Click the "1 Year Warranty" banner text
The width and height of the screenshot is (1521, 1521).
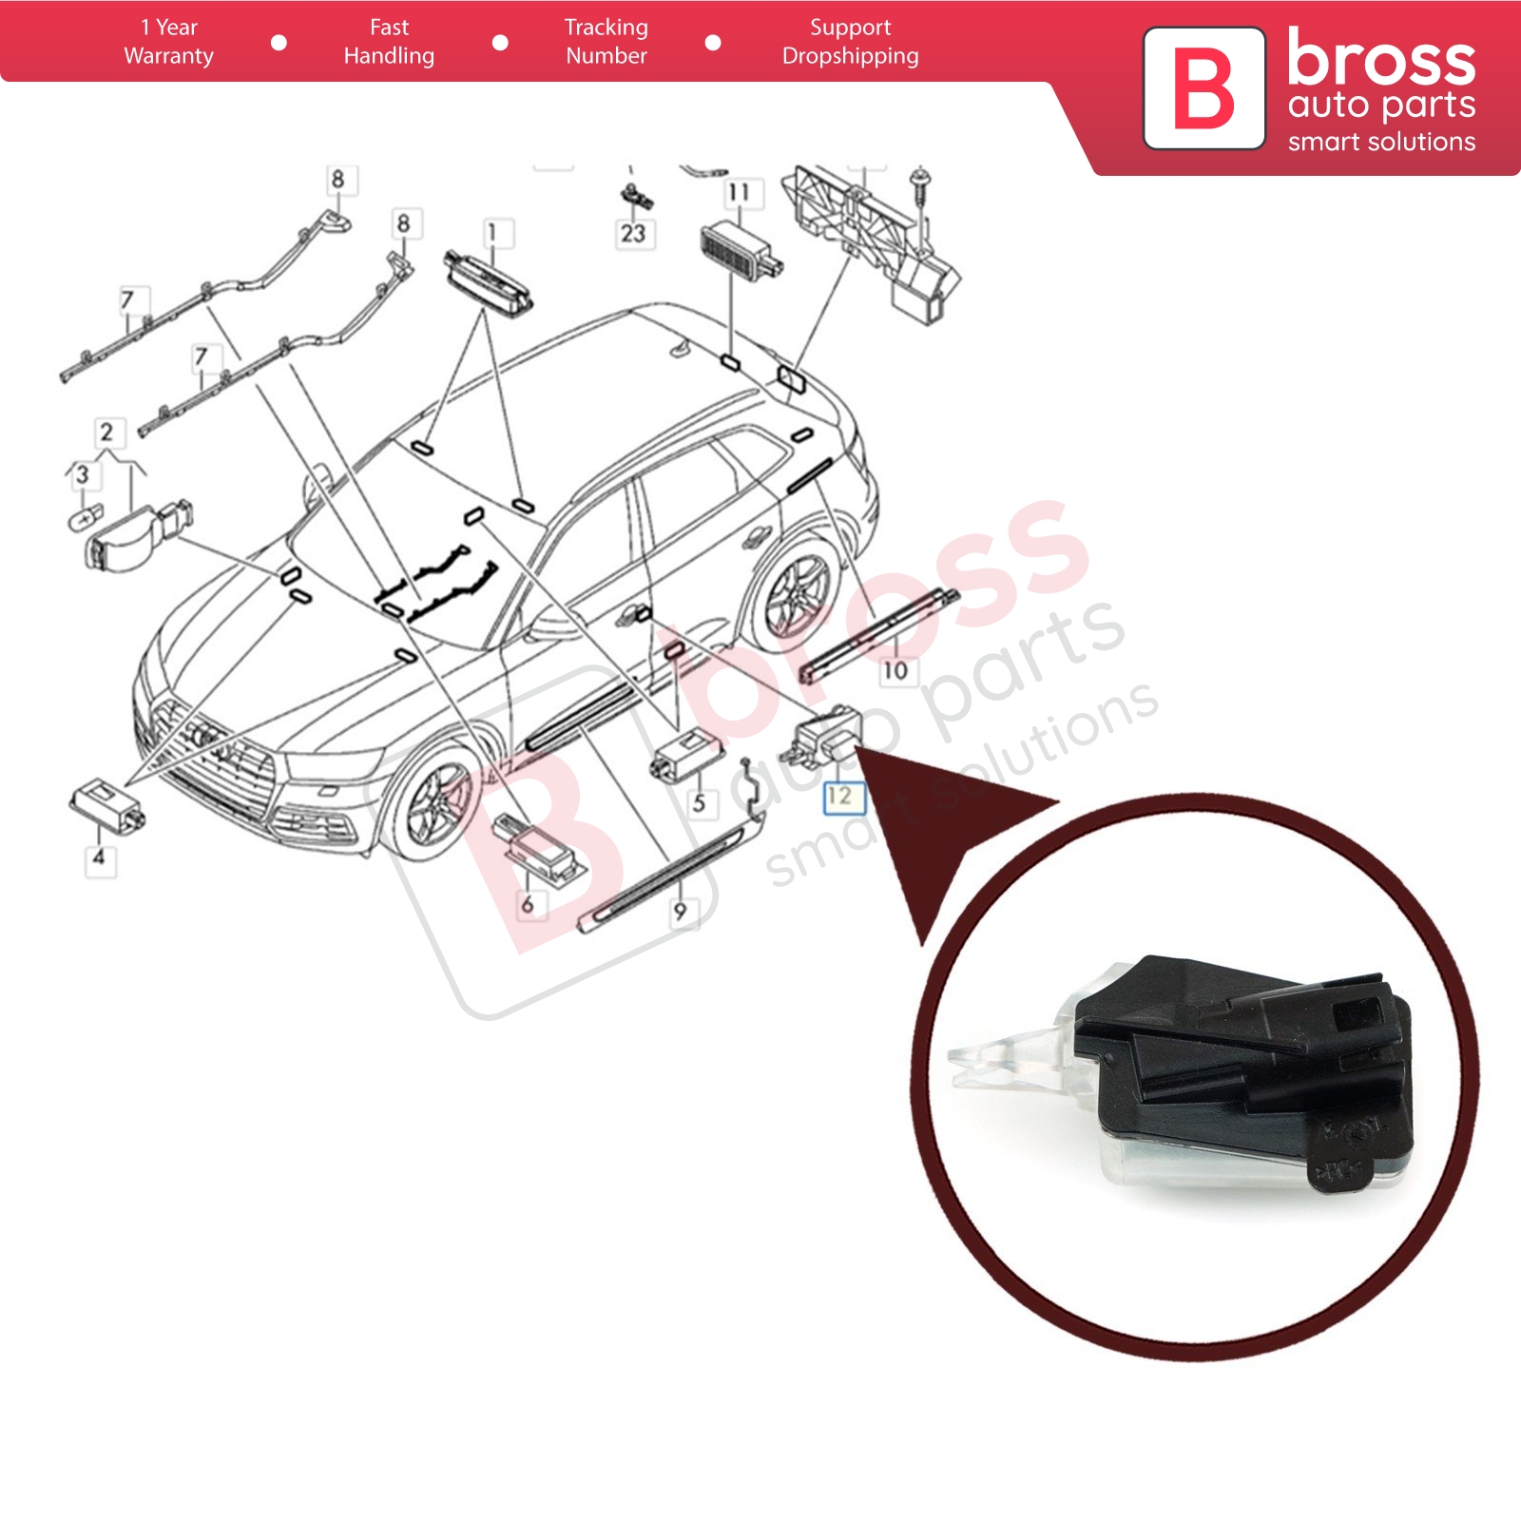point(168,42)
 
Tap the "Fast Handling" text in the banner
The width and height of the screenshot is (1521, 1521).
point(389,42)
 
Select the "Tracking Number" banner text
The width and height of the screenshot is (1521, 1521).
point(606,42)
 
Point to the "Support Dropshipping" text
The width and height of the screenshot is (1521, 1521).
point(851,42)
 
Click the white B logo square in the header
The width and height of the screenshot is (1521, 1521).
point(1203,88)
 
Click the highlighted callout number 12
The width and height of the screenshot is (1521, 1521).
point(841,796)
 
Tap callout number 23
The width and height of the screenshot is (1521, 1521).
point(633,233)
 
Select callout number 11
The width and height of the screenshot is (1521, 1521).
point(739,192)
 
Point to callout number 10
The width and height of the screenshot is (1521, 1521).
point(895,670)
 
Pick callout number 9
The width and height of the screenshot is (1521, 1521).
point(680,911)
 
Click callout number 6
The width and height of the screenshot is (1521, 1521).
point(528,903)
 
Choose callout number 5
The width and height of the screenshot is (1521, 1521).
point(699,802)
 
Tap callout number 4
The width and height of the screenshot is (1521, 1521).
point(99,857)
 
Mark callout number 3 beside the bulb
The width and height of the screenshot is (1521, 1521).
point(83,473)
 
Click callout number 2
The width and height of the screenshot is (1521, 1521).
point(106,433)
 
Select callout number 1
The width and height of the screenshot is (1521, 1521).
point(491,232)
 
